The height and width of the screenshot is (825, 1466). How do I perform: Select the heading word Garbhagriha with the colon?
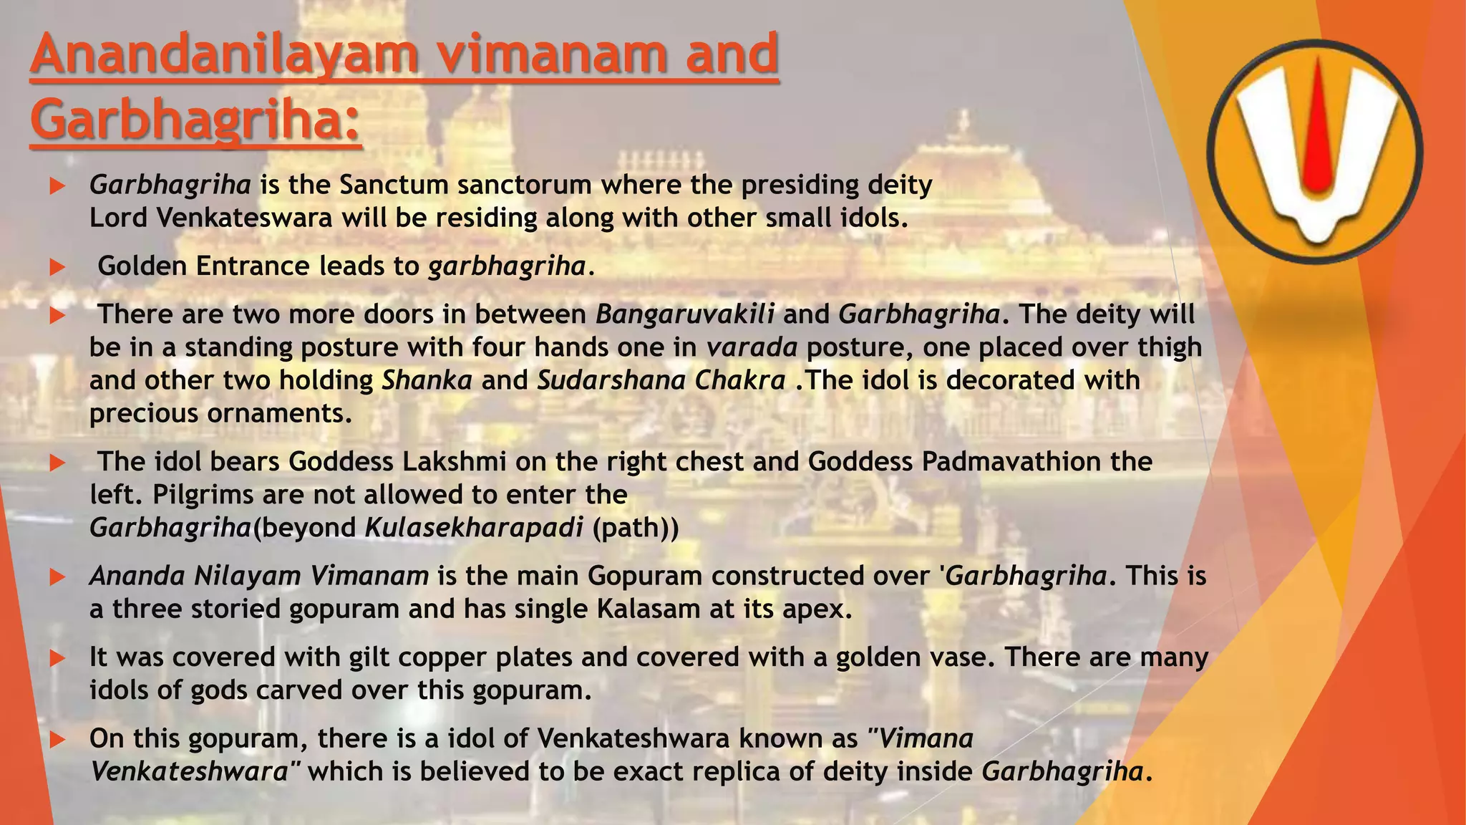195,120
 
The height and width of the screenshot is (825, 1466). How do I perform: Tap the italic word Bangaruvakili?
684,314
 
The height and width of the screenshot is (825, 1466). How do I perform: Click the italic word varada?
752,347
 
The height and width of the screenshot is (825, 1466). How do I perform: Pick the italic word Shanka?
427,380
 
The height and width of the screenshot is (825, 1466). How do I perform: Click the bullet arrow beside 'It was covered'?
57,658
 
